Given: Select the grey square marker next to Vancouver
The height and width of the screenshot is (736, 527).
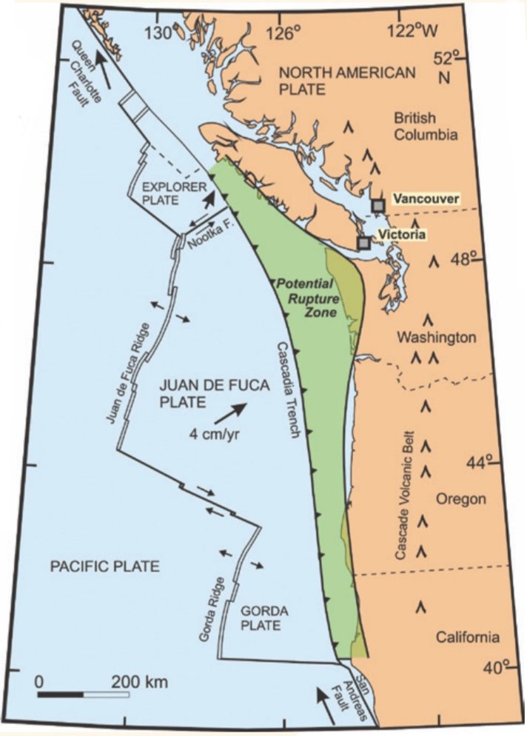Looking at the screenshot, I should pos(378,205).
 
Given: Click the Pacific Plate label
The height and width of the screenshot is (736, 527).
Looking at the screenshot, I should pos(104,567).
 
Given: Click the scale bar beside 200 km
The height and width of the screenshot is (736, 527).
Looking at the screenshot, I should pos(84,695).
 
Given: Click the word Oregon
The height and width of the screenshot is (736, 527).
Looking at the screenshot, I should pos(460,498).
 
